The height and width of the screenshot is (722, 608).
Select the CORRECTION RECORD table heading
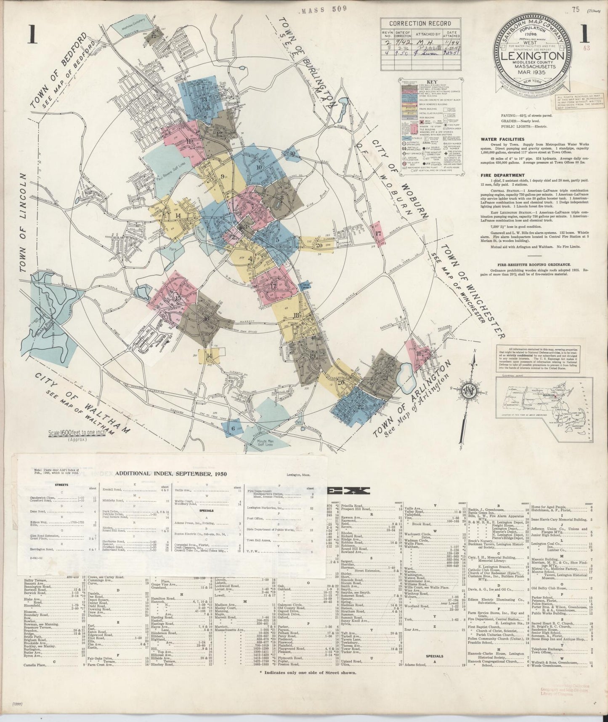click(x=420, y=24)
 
